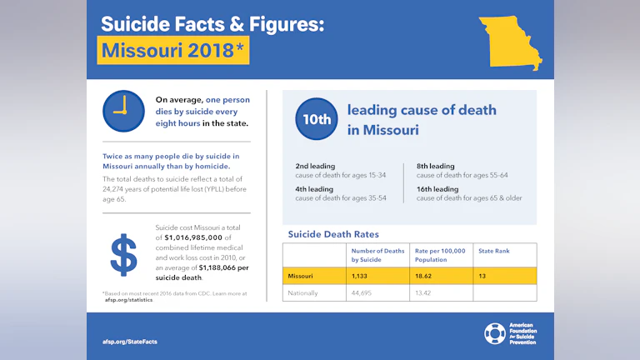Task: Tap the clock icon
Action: pos(123,111)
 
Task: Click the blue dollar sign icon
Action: pos(123,254)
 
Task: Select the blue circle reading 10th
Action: pos(317,119)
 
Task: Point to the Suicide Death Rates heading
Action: pos(333,234)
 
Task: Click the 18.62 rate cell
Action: pos(425,276)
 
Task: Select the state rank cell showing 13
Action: pos(482,276)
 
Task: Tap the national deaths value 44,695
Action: pos(365,293)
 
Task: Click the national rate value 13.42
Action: pos(425,293)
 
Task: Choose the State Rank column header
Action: pos(493,251)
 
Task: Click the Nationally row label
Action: pos(303,293)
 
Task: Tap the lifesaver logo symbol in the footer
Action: pos(494,334)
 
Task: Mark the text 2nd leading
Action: pos(315,166)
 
